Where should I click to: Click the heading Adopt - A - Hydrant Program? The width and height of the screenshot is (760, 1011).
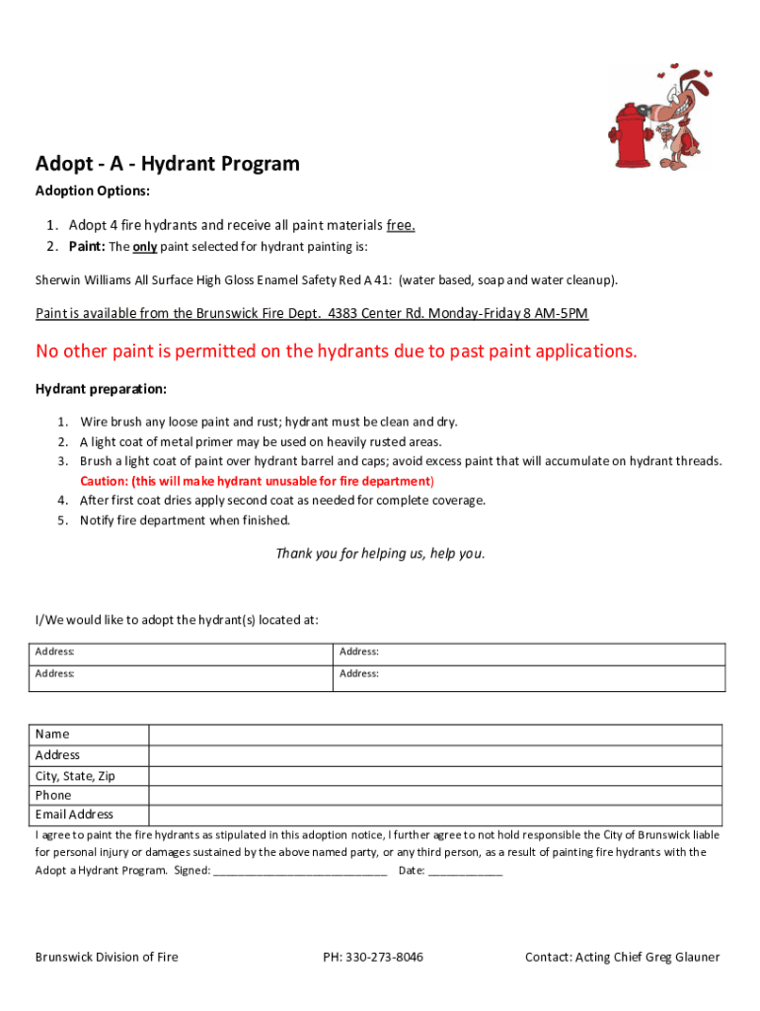point(167,163)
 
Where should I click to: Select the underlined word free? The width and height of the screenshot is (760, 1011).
point(401,225)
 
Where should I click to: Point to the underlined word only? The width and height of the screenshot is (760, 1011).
point(145,246)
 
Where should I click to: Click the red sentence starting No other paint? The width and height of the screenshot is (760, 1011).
point(337,351)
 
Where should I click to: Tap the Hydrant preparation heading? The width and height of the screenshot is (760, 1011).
point(101,389)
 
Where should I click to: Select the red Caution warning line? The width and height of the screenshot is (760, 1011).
point(257,481)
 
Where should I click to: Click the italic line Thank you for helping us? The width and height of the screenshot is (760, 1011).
point(380,553)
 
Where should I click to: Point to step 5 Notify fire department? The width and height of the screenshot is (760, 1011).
point(186,520)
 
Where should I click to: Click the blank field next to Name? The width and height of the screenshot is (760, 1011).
point(435,735)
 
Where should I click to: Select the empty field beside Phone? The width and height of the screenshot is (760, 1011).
point(435,795)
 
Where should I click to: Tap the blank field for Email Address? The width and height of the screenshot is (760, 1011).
point(435,815)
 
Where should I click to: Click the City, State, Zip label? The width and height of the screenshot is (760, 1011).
point(75,776)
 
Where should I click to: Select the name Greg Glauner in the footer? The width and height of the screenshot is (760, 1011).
point(682,958)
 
